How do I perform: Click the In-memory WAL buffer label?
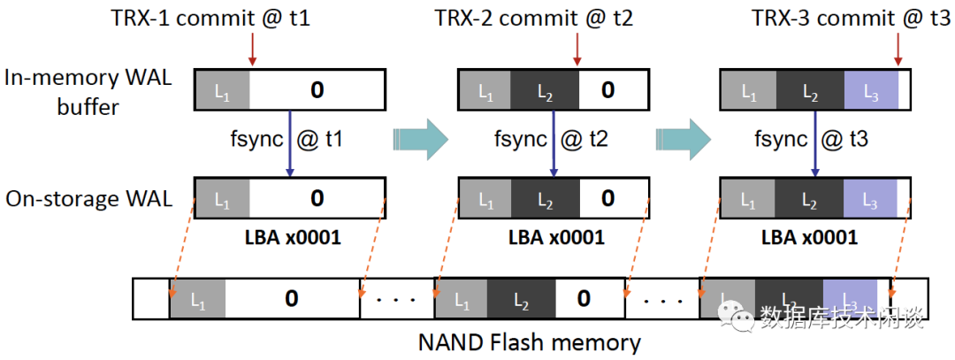[x=88, y=90]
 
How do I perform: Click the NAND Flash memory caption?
[x=530, y=341]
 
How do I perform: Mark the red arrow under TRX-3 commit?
[x=899, y=50]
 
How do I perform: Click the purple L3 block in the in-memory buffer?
[x=871, y=90]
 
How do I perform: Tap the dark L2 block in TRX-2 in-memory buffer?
[x=545, y=90]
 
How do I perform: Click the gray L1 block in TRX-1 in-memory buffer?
[x=221, y=90]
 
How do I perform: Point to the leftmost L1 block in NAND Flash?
[x=196, y=299]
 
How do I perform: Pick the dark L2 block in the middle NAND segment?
[x=520, y=299]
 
